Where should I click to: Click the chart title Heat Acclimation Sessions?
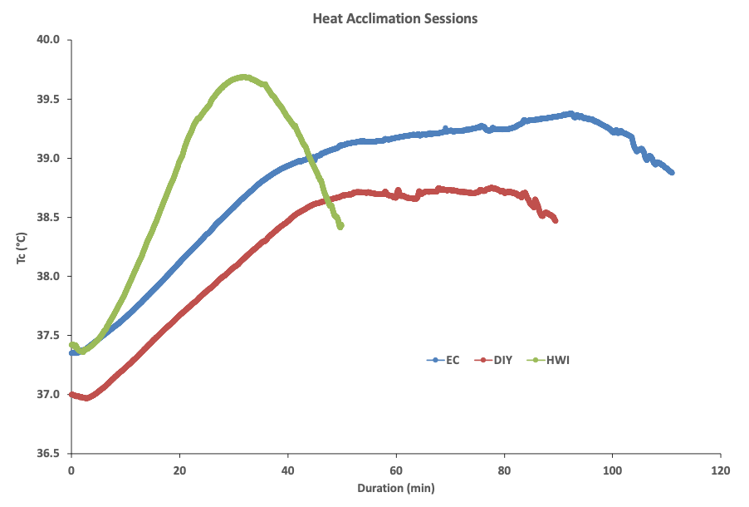[394, 17]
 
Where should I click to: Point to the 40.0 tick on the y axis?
[49, 39]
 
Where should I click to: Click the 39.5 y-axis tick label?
[49, 99]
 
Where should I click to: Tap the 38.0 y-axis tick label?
[49, 276]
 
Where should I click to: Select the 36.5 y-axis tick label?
[49, 454]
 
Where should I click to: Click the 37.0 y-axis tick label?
[49, 395]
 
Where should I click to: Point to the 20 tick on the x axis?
[179, 470]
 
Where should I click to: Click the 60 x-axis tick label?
[396, 470]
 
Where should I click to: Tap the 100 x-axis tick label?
[612, 470]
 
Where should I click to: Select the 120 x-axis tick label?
[720, 470]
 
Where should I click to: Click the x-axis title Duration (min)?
[395, 488]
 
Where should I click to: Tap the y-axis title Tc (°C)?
[22, 246]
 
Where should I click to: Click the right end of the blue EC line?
[671, 172]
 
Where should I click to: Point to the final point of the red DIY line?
[556, 220]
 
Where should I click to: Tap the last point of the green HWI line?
[340, 226]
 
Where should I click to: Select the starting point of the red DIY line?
[72, 395]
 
